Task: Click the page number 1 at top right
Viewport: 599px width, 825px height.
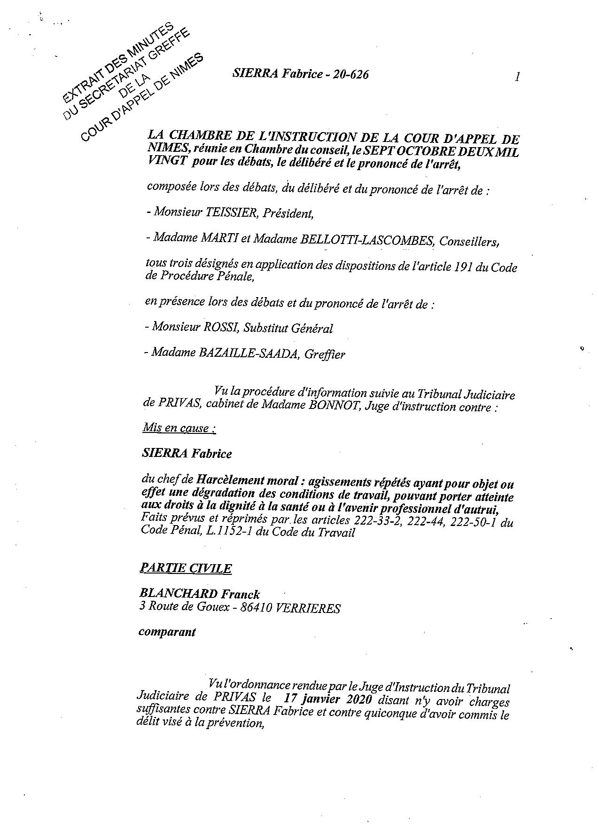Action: [517, 77]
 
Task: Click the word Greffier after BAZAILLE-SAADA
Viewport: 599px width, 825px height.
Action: [325, 354]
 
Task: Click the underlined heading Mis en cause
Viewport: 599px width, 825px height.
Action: [179, 428]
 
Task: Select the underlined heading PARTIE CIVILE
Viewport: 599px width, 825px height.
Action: [185, 568]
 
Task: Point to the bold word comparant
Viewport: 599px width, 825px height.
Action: [167, 632]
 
